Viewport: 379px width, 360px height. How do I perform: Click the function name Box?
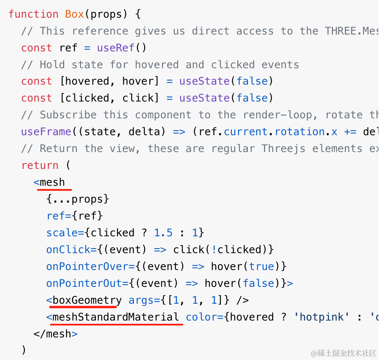point(74,14)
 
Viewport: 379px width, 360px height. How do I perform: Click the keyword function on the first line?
point(34,14)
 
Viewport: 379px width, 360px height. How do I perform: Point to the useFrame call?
point(46,132)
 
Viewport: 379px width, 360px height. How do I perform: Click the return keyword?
point(40,166)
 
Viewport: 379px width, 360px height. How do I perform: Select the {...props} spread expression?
point(78,199)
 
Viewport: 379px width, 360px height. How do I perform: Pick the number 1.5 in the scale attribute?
point(163,233)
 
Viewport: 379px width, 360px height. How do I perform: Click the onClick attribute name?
point(68,249)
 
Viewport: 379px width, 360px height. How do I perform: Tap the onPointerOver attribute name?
point(87,266)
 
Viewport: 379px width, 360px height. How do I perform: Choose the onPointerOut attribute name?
point(84,283)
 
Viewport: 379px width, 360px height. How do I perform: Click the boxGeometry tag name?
point(87,300)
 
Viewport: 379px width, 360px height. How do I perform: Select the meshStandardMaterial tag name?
point(116,317)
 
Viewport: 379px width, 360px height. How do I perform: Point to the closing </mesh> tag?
point(55,334)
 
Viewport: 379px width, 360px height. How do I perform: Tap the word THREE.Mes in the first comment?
point(352,31)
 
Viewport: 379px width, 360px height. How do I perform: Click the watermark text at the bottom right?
point(344,353)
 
